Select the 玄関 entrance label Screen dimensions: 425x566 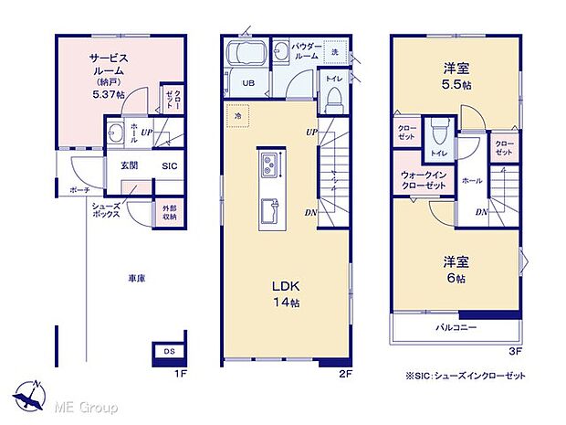[128, 166]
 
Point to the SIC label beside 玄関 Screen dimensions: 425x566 [170, 166]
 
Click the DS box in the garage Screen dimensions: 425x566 [169, 351]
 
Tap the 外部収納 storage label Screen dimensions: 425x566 [171, 214]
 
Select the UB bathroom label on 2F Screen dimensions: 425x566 [248, 83]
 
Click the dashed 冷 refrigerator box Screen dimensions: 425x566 [238, 116]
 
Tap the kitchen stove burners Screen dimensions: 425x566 [270, 166]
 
